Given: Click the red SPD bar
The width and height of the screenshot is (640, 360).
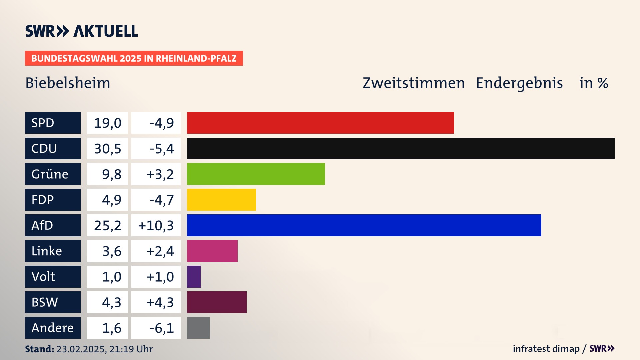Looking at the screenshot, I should coord(320,123).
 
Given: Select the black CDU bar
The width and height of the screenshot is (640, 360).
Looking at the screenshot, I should coord(401,148).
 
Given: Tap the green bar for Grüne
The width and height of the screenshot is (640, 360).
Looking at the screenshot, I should coord(256,174).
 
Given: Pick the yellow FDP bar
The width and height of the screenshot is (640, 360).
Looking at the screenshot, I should coord(221,200).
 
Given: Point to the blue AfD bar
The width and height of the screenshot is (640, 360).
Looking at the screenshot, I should coord(364,225).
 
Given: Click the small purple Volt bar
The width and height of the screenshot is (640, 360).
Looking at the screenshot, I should coord(194,277).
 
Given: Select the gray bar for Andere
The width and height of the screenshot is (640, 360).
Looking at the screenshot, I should coord(198,328).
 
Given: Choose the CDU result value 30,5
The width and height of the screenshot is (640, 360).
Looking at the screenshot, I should coord(107,149).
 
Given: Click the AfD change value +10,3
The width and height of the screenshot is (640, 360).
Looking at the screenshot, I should coord(156,226).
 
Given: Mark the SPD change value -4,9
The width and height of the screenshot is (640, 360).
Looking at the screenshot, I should coord(161,123).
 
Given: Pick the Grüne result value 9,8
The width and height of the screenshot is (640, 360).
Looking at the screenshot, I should coord(111,174).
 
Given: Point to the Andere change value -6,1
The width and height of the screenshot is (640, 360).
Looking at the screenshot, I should coord(161,328).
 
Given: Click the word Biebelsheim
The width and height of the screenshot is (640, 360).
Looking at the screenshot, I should coord(68,83).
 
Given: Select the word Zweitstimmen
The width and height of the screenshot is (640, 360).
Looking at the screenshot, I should coord(413,83).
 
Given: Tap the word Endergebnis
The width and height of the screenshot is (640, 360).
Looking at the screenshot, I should coord(519,83).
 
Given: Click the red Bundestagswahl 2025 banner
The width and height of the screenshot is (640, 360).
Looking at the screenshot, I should coord(134,58).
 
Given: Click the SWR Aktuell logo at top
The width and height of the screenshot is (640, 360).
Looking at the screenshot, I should coord(82,31).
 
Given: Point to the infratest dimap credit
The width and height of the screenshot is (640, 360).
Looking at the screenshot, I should coord(546,349).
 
